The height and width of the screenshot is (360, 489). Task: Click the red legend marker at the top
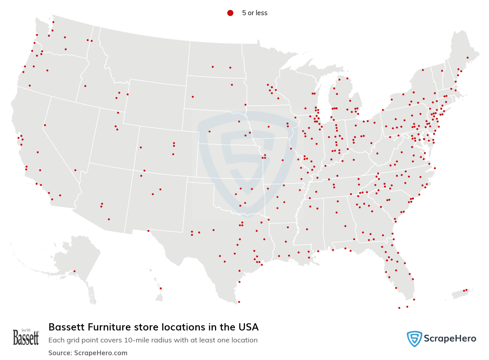click(x=230, y=13)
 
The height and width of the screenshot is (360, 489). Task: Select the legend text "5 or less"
click(x=254, y=13)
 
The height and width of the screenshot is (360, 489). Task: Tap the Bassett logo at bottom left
click(x=26, y=337)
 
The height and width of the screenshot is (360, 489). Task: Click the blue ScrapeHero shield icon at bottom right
click(x=414, y=339)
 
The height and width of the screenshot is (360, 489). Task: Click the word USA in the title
click(x=248, y=327)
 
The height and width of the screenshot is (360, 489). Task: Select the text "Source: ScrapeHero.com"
click(x=88, y=353)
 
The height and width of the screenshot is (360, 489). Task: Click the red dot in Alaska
click(x=74, y=271)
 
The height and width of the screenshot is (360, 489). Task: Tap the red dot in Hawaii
click(x=161, y=288)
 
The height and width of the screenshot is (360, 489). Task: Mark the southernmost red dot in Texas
click(x=239, y=302)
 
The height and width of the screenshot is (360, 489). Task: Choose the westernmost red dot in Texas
click(x=148, y=231)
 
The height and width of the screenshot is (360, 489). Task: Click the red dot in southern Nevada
click(x=75, y=170)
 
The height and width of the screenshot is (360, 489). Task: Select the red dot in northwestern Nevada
click(x=45, y=125)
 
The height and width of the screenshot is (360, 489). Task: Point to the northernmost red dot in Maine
click(x=467, y=57)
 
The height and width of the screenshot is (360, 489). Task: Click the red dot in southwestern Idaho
click(x=85, y=86)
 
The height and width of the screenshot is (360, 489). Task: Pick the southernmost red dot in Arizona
click(x=109, y=219)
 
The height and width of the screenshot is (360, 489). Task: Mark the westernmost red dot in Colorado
click(x=141, y=147)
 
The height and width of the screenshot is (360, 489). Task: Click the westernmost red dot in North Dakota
click(x=213, y=67)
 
